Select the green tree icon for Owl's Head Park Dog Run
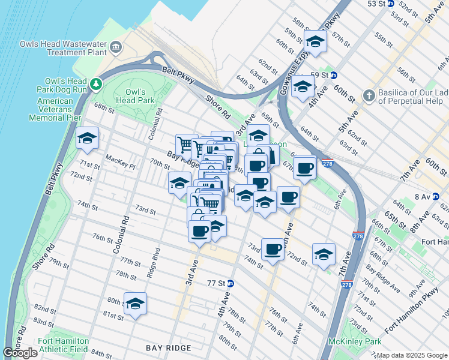point(96,82)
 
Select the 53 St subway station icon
point(390,4)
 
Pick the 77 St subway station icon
point(230,283)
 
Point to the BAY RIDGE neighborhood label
point(169,348)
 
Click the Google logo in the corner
point(20,353)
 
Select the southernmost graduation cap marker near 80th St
point(136,304)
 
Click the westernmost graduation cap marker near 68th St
point(88,139)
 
